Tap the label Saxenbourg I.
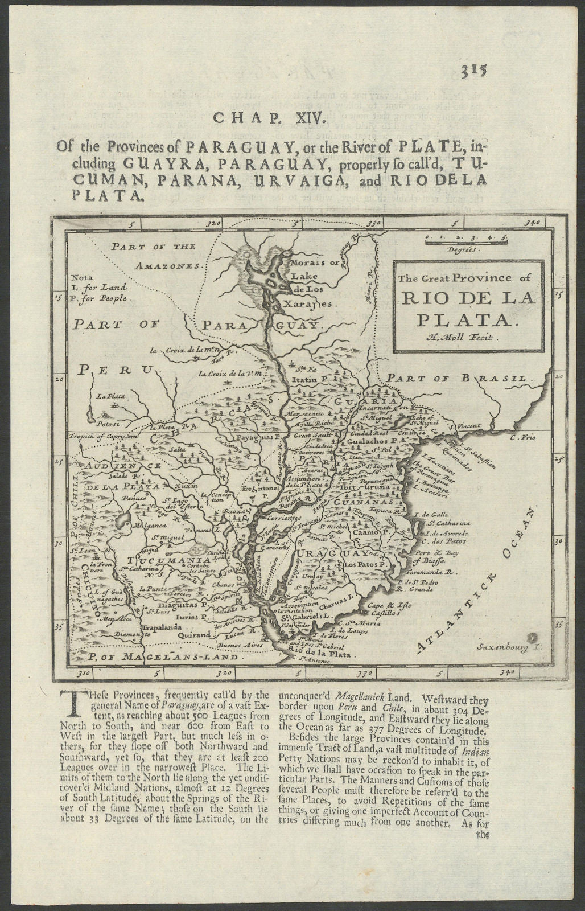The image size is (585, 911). pyautogui.click(x=504, y=647)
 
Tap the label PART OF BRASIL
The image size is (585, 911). pyautogui.click(x=462, y=377)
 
